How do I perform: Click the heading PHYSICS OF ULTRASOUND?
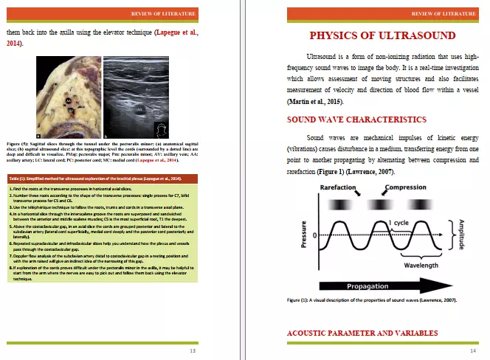point(382,35)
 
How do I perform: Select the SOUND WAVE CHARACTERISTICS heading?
point(356,119)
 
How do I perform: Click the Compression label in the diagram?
point(405,188)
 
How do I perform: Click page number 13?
point(193,350)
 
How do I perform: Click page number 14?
point(472,350)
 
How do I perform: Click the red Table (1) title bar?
point(103,179)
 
